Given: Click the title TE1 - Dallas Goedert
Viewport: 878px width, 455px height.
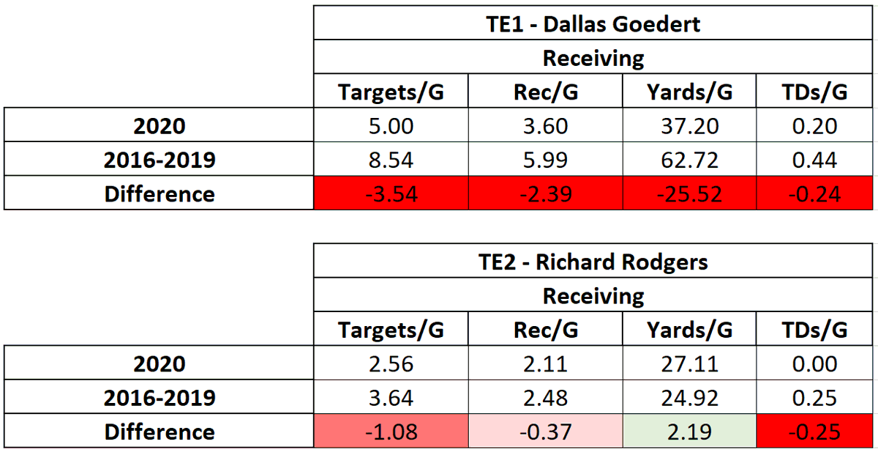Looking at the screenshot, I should pyautogui.click(x=593, y=23).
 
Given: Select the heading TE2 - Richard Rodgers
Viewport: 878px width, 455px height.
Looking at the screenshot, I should pyautogui.click(x=593, y=262).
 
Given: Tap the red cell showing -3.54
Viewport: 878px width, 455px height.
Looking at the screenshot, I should pyautogui.click(x=391, y=194).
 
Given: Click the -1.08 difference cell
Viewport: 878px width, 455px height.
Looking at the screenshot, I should pyautogui.click(x=391, y=432).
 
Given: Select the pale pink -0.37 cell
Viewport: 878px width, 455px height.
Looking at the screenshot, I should pyautogui.click(x=545, y=432).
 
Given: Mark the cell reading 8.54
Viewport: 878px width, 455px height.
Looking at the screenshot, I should pyautogui.click(x=391, y=160).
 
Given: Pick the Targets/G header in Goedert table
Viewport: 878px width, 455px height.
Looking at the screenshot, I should pyautogui.click(x=391, y=92).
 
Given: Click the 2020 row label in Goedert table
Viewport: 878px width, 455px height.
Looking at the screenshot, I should pyautogui.click(x=160, y=126).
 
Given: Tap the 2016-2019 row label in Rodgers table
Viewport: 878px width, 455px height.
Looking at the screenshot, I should pyautogui.click(x=160, y=398).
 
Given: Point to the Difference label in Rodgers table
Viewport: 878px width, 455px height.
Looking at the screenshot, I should pyautogui.click(x=160, y=432).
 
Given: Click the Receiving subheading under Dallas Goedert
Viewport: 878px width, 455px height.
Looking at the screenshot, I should pyautogui.click(x=593, y=58).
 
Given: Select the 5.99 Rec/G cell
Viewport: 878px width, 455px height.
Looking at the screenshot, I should pyautogui.click(x=545, y=160).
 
